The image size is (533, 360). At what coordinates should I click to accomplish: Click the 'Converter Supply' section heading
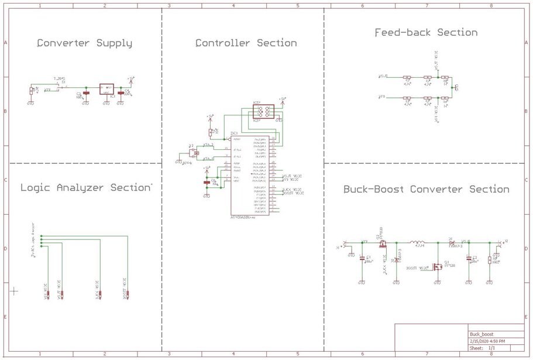point(84,43)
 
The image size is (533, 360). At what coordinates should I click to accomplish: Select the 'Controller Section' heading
point(246,43)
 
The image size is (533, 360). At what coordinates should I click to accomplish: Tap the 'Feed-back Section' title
point(426,33)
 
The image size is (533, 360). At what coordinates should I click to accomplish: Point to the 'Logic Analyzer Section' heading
point(85,188)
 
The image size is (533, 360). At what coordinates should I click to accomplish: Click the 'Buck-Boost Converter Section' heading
point(426,189)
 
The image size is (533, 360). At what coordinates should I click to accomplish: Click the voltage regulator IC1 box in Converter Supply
point(106,88)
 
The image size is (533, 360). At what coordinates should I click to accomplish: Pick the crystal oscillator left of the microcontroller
point(193,153)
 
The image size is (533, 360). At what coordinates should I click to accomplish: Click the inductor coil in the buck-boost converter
point(418,242)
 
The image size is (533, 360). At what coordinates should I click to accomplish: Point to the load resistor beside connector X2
point(496,259)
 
